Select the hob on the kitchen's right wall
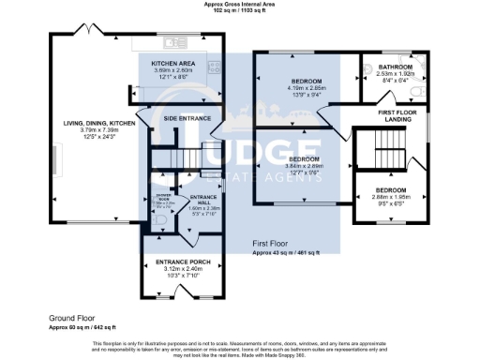pyautogui.click(x=214, y=67)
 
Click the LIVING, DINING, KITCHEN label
pyautogui.click(x=92, y=124)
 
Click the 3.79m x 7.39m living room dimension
pyautogui.click(x=92, y=130)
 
